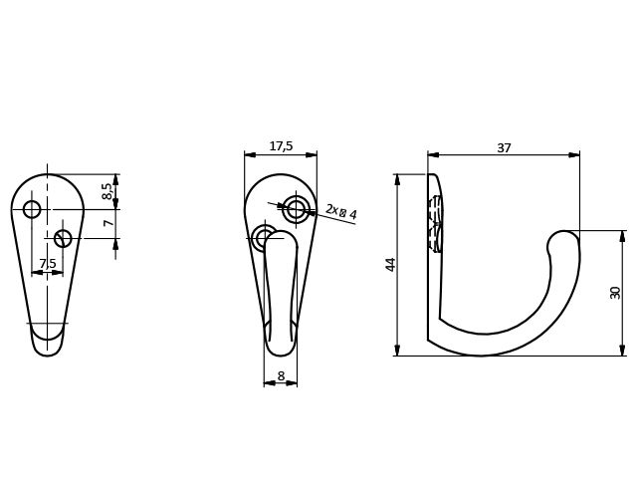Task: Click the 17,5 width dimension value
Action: pyautogui.click(x=281, y=146)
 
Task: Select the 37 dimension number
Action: pyautogui.click(x=504, y=148)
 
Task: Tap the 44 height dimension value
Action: pyautogui.click(x=390, y=265)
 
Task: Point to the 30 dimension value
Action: pyautogui.click(x=615, y=293)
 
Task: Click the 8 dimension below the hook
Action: pyautogui.click(x=281, y=376)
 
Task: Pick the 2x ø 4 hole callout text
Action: pyautogui.click(x=341, y=212)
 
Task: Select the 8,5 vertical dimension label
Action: pyautogui.click(x=106, y=191)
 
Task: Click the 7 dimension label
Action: pyautogui.click(x=108, y=223)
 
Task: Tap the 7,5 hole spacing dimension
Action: pyautogui.click(x=48, y=263)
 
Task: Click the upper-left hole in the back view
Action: pyautogui.click(x=32, y=209)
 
